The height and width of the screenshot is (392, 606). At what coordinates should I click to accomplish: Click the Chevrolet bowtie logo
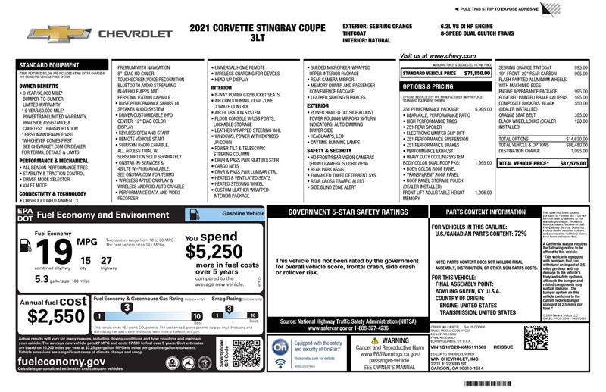pos(48,33)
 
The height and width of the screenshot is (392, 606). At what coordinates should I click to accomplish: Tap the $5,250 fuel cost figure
pos(214,251)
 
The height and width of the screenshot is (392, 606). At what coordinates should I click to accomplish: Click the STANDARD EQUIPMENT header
pos(47,65)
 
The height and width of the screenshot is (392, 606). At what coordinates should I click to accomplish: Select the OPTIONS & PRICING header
pos(428,86)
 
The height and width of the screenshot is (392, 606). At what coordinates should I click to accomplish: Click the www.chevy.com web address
pos(437,56)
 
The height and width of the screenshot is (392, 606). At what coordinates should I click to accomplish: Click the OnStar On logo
pos(280,346)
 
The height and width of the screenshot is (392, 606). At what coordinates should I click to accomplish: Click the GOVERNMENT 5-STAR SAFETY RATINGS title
pos(348,212)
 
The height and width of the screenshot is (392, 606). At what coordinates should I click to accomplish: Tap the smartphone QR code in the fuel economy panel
pos(246,353)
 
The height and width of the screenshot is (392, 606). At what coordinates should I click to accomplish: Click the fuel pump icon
pos(25,245)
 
